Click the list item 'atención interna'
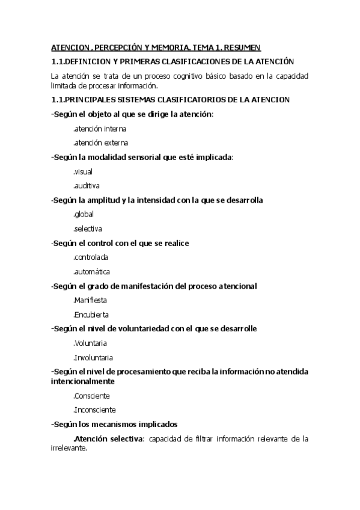tap(99, 129)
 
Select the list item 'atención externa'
tap(100, 143)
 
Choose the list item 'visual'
tap(83, 171)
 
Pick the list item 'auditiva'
tap(87, 186)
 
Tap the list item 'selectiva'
tap(88, 229)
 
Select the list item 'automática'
tap(91, 272)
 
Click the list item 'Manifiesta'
tap(90, 300)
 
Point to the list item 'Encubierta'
tap(91, 315)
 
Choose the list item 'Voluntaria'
tap(90, 343)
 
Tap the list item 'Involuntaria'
tap(93, 357)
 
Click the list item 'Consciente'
tap(91, 396)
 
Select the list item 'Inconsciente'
tap(95, 410)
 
